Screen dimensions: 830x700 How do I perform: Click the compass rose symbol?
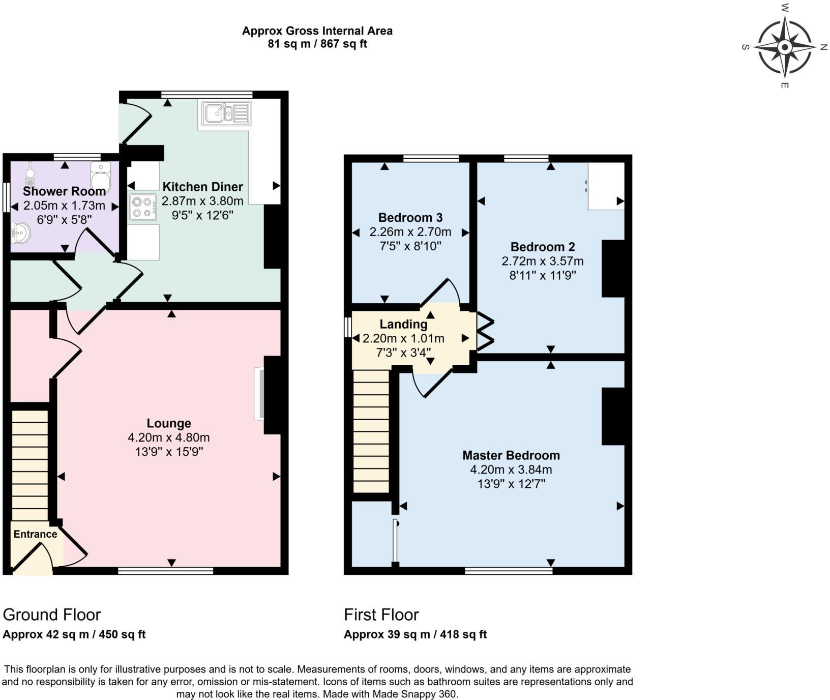pyautogui.click(x=785, y=47)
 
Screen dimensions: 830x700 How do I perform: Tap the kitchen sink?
pyautogui.click(x=226, y=113)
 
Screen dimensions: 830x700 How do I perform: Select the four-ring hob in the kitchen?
pyautogui.click(x=143, y=207)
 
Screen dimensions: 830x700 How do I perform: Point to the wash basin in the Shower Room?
pyautogui.click(x=20, y=234)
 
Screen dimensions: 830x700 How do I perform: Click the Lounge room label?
pyautogui.click(x=169, y=423)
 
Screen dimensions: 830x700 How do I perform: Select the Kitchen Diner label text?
pyautogui.click(x=202, y=187)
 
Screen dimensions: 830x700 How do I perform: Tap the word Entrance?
pyautogui.click(x=35, y=534)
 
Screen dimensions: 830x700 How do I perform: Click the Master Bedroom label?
pyautogui.click(x=511, y=455)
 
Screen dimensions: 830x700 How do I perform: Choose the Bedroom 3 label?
pyautogui.click(x=410, y=218)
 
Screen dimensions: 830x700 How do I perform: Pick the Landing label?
pyautogui.click(x=403, y=324)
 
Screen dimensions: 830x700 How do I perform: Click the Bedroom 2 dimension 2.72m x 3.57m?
pyautogui.click(x=542, y=261)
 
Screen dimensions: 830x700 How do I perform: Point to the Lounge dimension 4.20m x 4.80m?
pyautogui.click(x=169, y=437)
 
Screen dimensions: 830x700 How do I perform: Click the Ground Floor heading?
pyautogui.click(x=52, y=615)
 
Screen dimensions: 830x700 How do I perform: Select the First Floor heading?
pyautogui.click(x=381, y=615)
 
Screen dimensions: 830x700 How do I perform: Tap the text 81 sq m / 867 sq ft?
pyautogui.click(x=317, y=44)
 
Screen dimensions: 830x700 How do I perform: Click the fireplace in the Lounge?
pyautogui.click(x=260, y=394)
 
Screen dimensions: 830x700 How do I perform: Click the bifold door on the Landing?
pyautogui.click(x=485, y=333)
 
